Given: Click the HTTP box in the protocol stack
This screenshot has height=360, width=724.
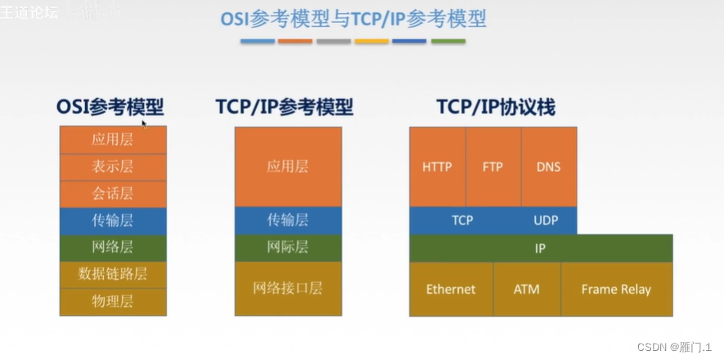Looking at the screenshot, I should (x=437, y=167).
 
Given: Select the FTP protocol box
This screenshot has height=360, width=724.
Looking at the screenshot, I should (x=492, y=167).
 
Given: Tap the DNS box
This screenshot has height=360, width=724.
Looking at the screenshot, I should (x=548, y=167).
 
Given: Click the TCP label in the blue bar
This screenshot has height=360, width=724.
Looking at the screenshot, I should (x=463, y=220).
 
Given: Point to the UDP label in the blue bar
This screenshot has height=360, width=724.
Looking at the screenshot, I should (x=546, y=220).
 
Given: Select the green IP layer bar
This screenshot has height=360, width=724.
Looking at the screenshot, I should (x=540, y=248).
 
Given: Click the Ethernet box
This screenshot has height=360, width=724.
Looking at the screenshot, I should (x=451, y=289).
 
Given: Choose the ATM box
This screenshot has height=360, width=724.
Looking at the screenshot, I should (x=527, y=289).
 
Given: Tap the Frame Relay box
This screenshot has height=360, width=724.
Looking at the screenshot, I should (x=616, y=289).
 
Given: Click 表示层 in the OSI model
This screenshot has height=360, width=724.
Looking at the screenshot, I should (x=113, y=167).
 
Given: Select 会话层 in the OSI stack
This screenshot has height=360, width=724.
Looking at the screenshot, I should (x=113, y=194).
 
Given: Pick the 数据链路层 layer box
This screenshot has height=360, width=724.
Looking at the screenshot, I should (x=113, y=274).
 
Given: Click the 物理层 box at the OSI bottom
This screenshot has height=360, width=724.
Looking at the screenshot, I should (x=113, y=301).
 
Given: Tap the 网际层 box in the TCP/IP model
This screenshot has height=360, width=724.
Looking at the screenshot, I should (x=288, y=247).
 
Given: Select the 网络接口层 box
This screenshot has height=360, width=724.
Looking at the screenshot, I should (x=288, y=288).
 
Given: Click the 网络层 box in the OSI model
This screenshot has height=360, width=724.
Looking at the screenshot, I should (x=113, y=247).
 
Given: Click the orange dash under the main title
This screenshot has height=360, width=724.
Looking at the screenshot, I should (x=295, y=41).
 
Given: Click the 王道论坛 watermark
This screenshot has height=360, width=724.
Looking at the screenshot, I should (x=29, y=12).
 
